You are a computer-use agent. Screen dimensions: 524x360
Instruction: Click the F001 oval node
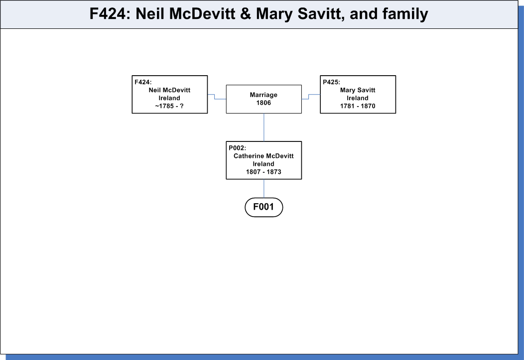[x=263, y=207]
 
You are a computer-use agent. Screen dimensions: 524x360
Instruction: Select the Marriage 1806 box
[x=263, y=99]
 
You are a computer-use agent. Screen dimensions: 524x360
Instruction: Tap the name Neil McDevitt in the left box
[x=169, y=90]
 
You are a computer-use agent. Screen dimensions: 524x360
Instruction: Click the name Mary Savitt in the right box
[x=358, y=90]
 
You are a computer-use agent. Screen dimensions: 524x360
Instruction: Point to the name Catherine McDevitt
[x=263, y=156]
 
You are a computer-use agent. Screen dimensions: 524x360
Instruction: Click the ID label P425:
[x=331, y=82]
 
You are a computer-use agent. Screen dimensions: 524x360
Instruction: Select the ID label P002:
[x=237, y=148]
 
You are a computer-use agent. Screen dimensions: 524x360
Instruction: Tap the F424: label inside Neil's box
[x=143, y=82]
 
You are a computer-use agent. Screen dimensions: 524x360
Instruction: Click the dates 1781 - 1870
[x=358, y=106]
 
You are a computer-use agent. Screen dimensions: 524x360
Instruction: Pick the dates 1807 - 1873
[x=263, y=172]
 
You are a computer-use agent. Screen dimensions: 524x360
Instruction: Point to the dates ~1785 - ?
[x=169, y=106]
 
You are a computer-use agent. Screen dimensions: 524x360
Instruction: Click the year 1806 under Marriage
[x=263, y=103]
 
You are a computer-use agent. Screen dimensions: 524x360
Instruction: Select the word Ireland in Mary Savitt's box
[x=358, y=98]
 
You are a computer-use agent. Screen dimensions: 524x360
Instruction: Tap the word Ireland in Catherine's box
[x=263, y=164]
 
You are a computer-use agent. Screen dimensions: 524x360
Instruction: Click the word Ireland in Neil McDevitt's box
[x=169, y=98]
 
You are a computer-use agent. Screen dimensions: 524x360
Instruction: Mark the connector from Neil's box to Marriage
[x=215, y=97]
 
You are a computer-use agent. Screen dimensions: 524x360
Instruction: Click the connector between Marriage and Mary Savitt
[x=309, y=97]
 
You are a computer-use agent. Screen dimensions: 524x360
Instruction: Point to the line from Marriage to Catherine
[x=264, y=127]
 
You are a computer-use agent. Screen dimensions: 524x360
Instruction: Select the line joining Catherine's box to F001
[x=264, y=189]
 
